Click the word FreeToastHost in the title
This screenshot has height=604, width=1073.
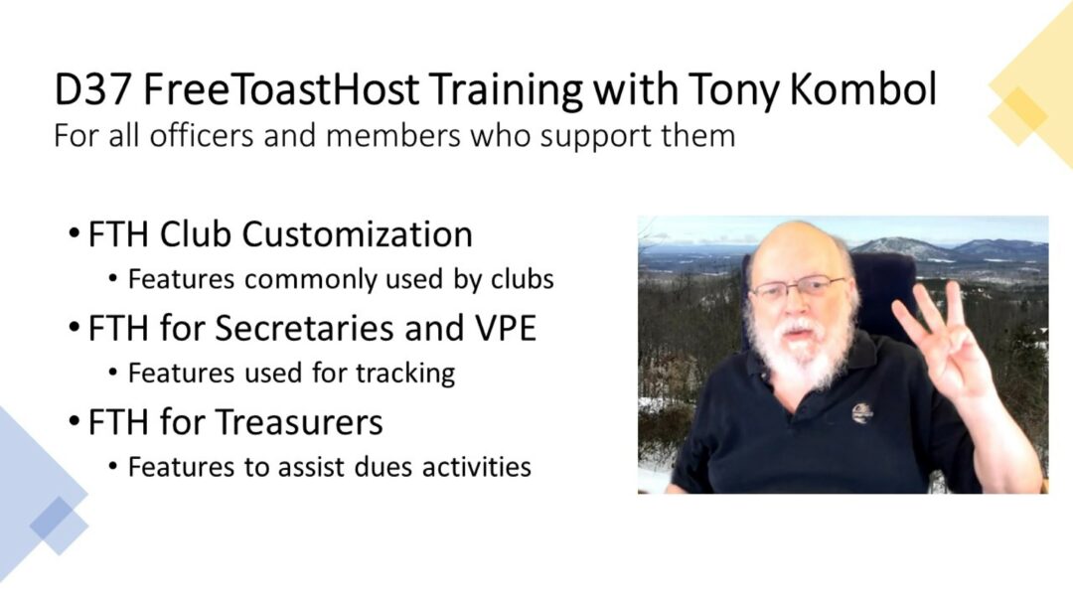280,89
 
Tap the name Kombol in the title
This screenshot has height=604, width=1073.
862,89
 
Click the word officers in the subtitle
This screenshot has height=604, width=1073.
202,135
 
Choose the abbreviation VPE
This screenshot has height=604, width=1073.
505,329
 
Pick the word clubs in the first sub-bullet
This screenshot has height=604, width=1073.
523,279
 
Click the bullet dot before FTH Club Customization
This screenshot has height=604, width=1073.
74,234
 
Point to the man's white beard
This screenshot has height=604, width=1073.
797,349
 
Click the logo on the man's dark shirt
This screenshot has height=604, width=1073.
862,413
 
